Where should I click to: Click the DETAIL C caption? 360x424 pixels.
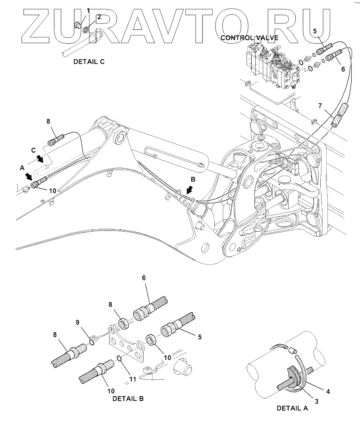[89, 62]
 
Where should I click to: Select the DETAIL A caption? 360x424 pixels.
[292, 408]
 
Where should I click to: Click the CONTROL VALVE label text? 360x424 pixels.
[249, 38]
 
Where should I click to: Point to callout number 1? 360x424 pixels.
[89, 10]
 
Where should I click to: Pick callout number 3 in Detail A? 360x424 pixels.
[316, 401]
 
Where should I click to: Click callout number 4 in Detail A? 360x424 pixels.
[328, 391]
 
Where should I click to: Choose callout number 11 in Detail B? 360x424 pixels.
[133, 379]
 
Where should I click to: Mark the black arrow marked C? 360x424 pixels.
[40, 159]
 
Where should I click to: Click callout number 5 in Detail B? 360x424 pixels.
[200, 337]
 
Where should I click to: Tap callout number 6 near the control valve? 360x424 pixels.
[343, 69]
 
